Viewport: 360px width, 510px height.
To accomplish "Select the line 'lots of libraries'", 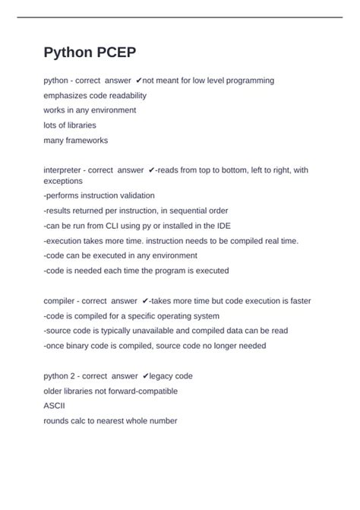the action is (70, 125).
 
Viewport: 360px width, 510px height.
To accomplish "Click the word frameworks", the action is (86, 141).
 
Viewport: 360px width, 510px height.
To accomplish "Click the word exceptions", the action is (63, 182).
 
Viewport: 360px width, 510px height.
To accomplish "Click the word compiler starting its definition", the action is (60, 301).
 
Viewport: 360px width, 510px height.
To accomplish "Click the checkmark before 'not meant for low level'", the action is (139, 81).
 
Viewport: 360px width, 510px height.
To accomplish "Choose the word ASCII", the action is (55, 406).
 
